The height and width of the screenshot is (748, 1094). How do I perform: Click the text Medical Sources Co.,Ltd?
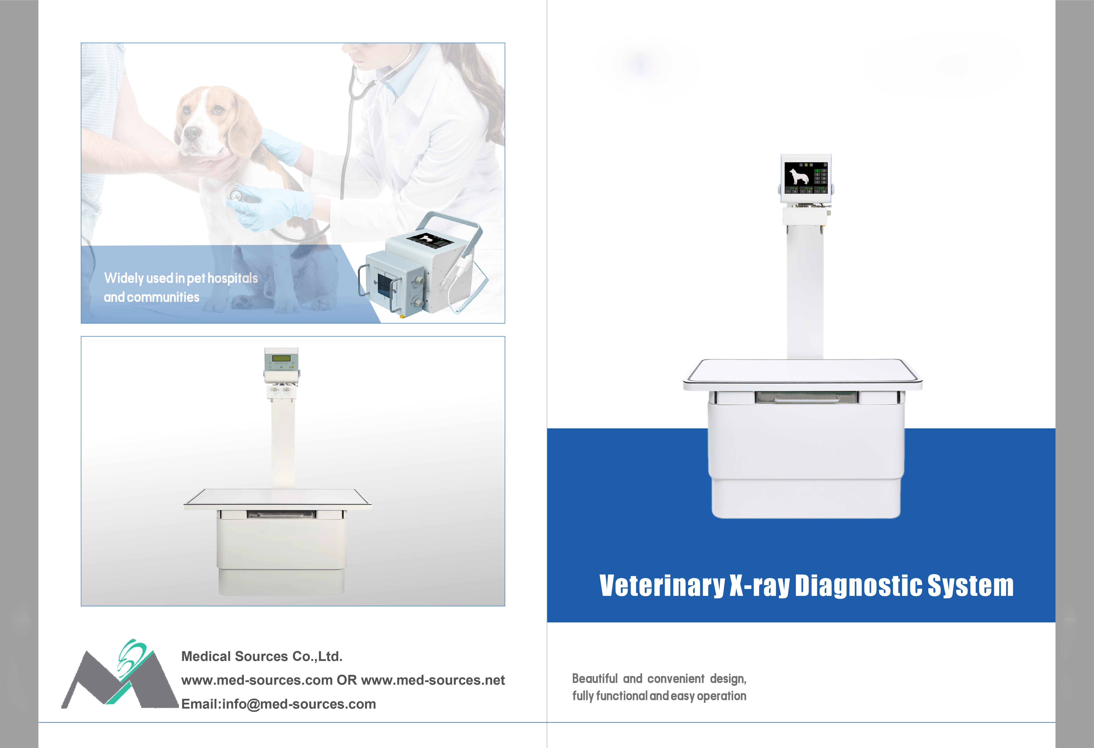[x=262, y=656]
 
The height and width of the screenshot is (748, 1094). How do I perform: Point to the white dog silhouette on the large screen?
[x=799, y=176]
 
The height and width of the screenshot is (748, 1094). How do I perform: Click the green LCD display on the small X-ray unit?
[x=281, y=358]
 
